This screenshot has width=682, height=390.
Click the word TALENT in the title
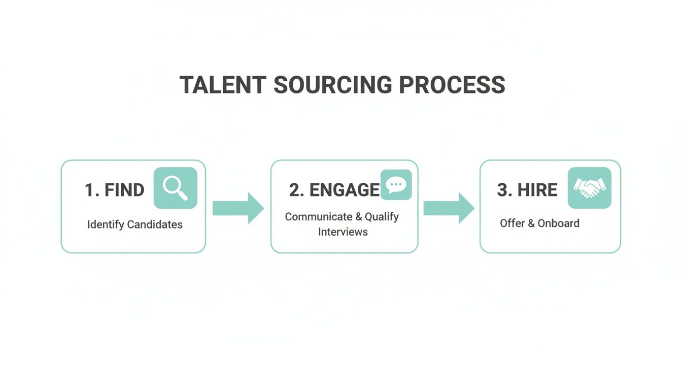tap(222, 85)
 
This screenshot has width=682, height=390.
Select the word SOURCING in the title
tap(332, 85)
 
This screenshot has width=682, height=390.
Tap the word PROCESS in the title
tap(452, 85)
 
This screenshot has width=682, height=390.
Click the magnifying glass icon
tap(175, 188)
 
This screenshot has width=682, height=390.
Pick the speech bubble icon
tap(396, 185)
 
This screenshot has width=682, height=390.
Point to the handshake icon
tap(589, 188)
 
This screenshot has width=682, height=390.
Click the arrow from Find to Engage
tap(237, 208)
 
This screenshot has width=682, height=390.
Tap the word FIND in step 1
tap(124, 190)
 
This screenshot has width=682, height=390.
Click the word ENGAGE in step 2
tap(345, 190)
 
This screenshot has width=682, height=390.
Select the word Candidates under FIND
tap(155, 224)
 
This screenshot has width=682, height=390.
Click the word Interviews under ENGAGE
tap(343, 232)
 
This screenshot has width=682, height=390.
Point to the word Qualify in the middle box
tap(382, 217)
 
